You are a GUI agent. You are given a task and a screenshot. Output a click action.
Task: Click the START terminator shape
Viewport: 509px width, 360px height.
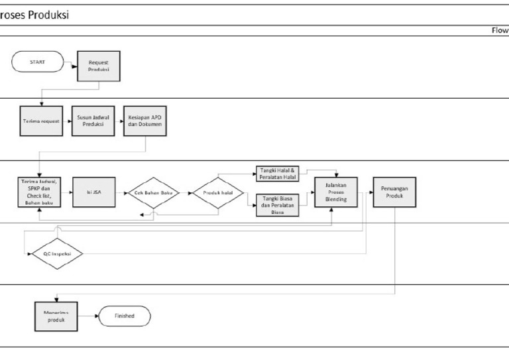[x=38, y=64]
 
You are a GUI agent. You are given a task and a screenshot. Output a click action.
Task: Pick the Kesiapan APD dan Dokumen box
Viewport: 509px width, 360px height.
[x=144, y=123]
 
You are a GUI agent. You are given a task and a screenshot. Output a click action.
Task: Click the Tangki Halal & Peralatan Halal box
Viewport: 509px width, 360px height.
[x=277, y=174]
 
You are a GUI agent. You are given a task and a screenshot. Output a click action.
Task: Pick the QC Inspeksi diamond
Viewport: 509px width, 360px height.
[x=57, y=253]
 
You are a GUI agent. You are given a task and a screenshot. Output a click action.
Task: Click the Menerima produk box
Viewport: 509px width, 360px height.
[x=56, y=316]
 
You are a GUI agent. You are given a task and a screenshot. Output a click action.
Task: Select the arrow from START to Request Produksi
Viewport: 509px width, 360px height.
[x=70, y=64]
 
